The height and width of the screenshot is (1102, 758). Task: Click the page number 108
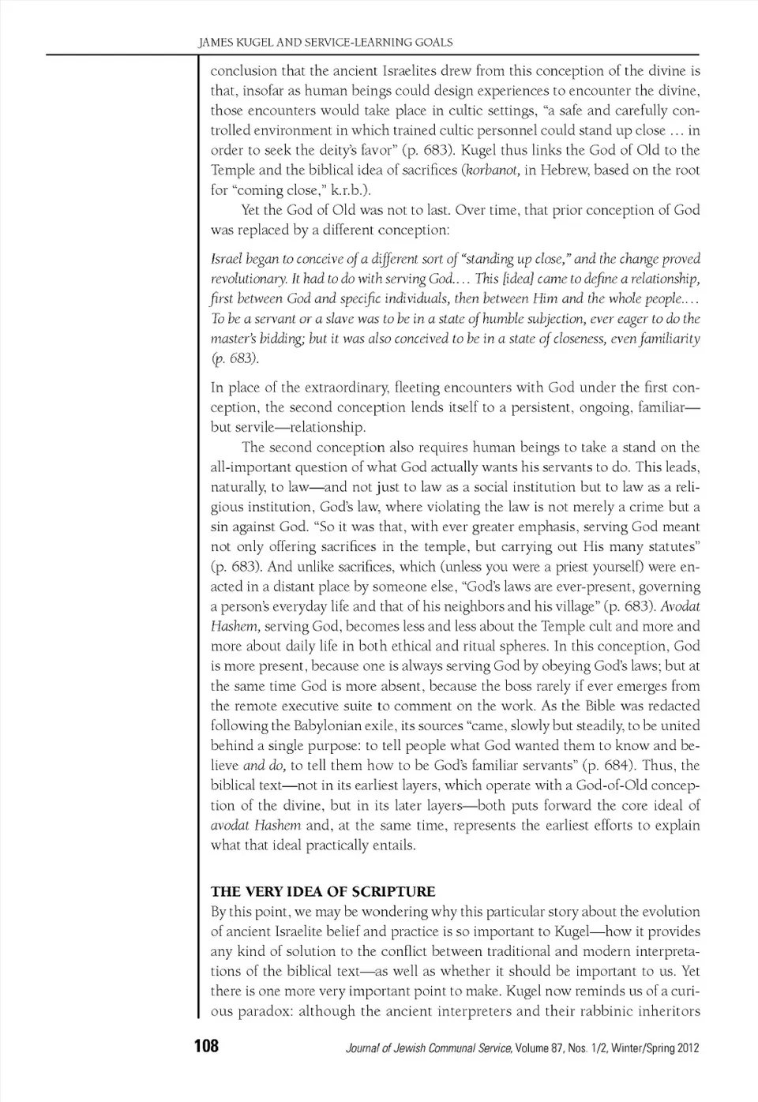206,1047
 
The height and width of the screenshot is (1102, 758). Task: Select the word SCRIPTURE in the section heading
393,891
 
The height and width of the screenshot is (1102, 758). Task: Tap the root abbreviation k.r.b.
348,189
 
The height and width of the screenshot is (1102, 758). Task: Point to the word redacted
673,706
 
